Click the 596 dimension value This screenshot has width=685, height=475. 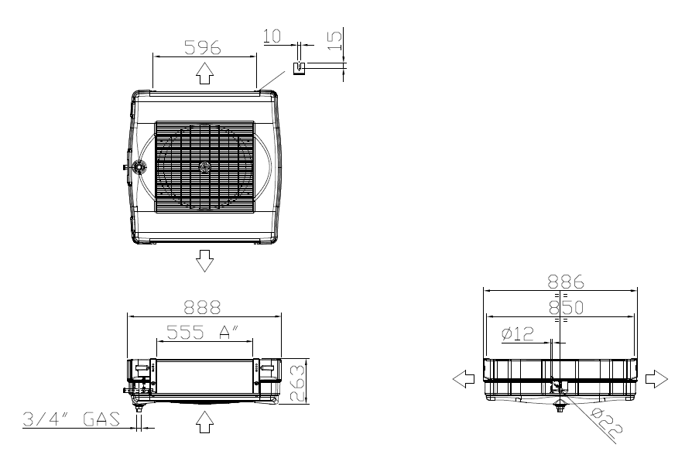click(x=202, y=48)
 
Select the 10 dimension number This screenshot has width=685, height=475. click(x=272, y=36)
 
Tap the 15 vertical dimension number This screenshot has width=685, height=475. click(x=335, y=40)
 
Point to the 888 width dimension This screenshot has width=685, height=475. click(x=202, y=307)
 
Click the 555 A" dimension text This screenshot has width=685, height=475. click(x=203, y=332)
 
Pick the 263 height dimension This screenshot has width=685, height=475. click(x=297, y=383)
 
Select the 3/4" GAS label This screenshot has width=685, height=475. click(x=71, y=419)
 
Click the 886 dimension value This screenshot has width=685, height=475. click(x=566, y=282)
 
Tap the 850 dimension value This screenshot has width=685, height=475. click(x=566, y=307)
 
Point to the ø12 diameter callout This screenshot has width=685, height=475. click(x=518, y=334)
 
